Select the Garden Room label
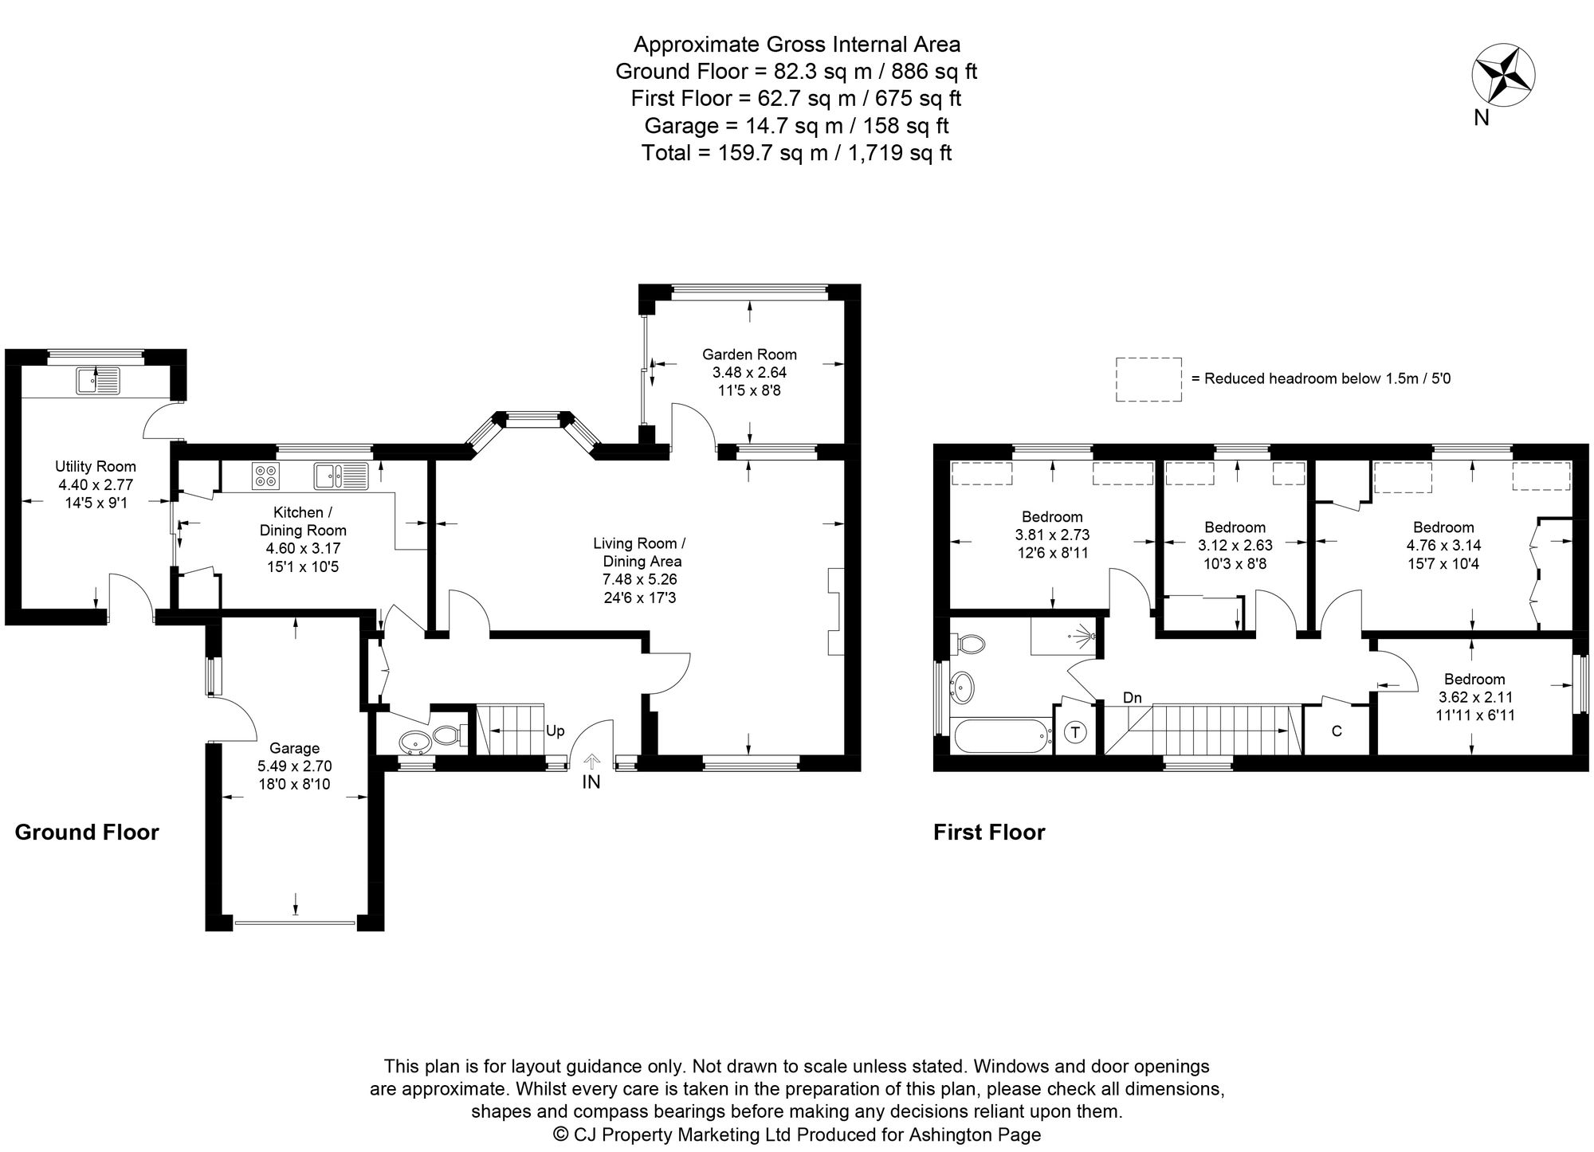click(x=749, y=355)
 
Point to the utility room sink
click(x=99, y=380)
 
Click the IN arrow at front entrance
click(x=591, y=762)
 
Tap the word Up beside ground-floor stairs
click(x=556, y=731)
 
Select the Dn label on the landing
click(x=1132, y=698)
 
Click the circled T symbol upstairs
click(x=1075, y=732)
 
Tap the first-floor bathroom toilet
click(x=969, y=643)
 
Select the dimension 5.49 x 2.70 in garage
click(x=294, y=766)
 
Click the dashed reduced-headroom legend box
click(x=1148, y=379)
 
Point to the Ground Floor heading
click(x=87, y=833)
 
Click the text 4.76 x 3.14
click(x=1443, y=546)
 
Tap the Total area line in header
click(x=796, y=153)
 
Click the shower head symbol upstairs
click(x=1087, y=636)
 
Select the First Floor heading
click(x=989, y=833)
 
